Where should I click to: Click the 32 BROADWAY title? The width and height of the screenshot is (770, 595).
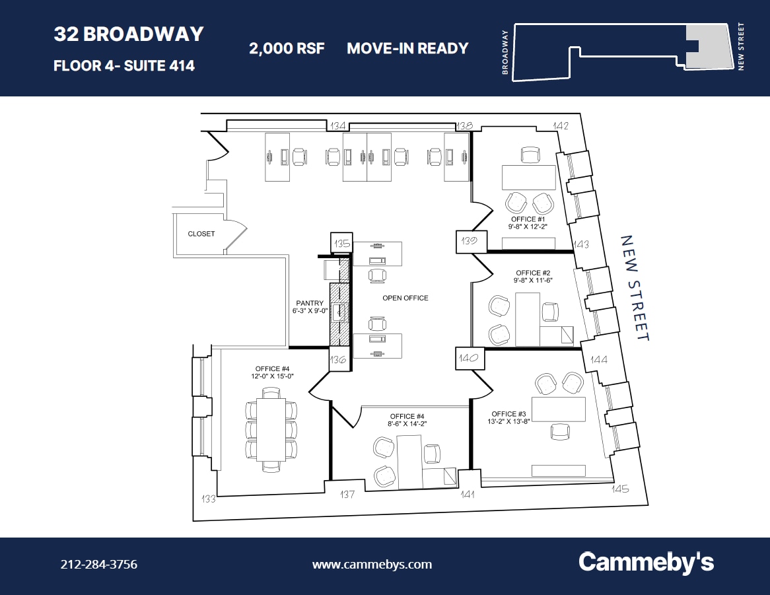pyautogui.click(x=129, y=34)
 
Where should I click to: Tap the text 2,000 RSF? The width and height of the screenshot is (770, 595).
pyautogui.click(x=287, y=48)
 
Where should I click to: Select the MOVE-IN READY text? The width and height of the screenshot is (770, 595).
pyautogui.click(x=407, y=48)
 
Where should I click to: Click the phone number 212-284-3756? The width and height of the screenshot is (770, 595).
pyautogui.click(x=99, y=565)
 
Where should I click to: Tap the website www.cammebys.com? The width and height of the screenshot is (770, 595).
pyautogui.click(x=372, y=565)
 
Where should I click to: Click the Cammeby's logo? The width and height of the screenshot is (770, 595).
pyautogui.click(x=646, y=563)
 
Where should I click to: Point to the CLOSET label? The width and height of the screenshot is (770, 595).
pyautogui.click(x=201, y=234)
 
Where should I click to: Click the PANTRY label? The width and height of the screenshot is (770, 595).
pyautogui.click(x=310, y=304)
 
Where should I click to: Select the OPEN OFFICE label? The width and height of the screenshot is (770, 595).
pyautogui.click(x=405, y=298)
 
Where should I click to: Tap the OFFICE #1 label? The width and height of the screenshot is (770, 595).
pyautogui.click(x=528, y=219)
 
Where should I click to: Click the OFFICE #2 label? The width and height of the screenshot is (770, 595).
pyautogui.click(x=534, y=273)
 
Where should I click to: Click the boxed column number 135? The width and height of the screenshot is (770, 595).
pyautogui.click(x=342, y=244)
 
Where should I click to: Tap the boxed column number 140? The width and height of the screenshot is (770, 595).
pyautogui.click(x=470, y=359)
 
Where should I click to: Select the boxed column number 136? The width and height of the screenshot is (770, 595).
pyautogui.click(x=339, y=361)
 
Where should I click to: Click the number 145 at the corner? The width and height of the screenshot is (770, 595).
pyautogui.click(x=620, y=489)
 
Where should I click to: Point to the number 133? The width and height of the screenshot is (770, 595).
pyautogui.click(x=209, y=499)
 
